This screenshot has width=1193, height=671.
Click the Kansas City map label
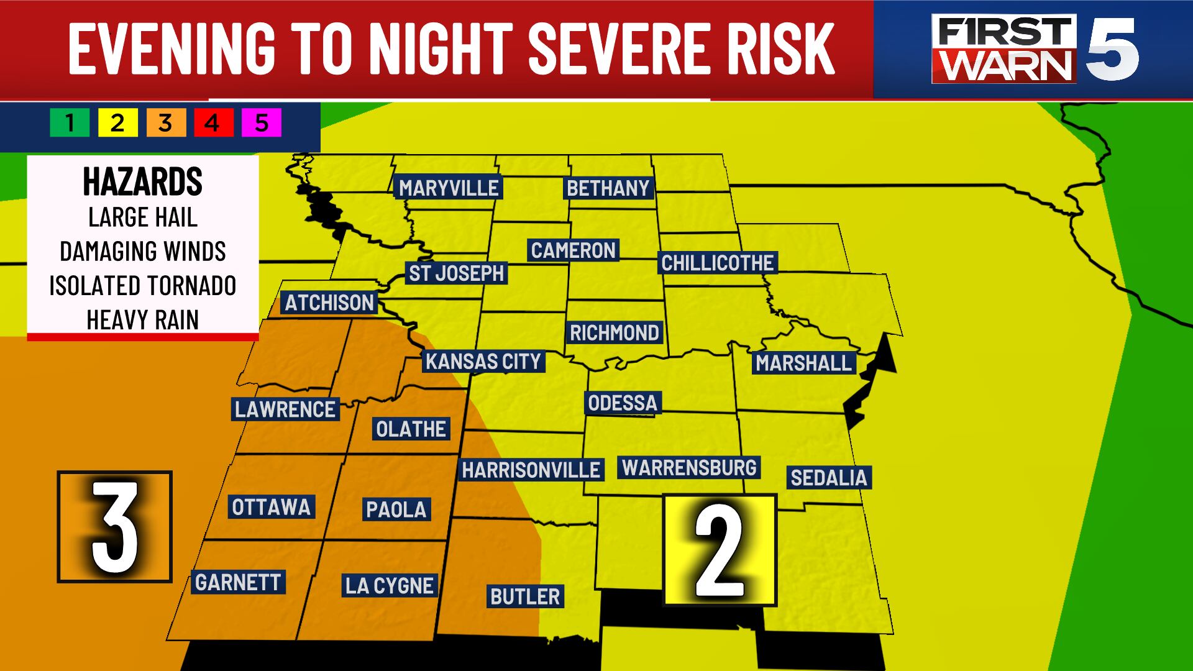(483, 362)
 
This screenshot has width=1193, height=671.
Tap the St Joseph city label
(456, 273)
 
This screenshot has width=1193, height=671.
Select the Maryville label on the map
(449, 188)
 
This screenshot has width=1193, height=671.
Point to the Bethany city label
(608, 188)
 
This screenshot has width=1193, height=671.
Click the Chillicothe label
(717, 263)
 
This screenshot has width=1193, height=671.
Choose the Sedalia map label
(828, 478)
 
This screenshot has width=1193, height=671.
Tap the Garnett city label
(238, 583)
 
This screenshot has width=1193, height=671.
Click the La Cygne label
(390, 586)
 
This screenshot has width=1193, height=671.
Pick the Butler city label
(525, 597)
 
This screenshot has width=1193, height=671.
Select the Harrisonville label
(531, 470)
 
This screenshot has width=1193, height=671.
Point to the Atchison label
(329, 303)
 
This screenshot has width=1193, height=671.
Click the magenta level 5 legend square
(262, 123)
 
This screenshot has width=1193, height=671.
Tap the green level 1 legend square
(70, 123)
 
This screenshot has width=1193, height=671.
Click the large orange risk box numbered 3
(114, 527)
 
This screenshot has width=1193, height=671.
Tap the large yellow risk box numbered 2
(720, 550)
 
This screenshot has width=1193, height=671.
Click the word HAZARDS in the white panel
(142, 182)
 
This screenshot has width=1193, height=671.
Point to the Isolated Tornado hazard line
(142, 286)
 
